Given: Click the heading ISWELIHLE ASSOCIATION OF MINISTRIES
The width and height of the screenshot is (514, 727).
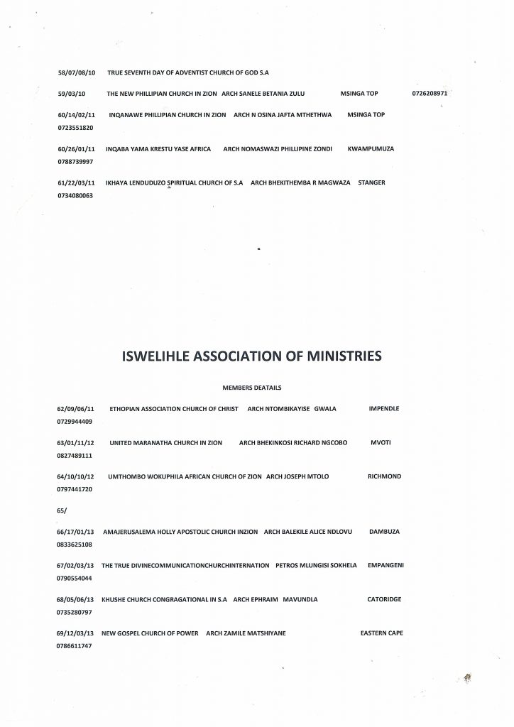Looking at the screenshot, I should [252, 356].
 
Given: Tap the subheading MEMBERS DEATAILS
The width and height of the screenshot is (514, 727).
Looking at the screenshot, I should [252, 388].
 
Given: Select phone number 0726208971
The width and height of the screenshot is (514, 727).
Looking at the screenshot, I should [432, 94].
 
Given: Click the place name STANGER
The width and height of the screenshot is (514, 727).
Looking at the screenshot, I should [372, 182].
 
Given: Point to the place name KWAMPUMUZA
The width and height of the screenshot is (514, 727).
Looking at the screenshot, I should [371, 148].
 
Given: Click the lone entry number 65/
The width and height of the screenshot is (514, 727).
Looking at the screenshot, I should [62, 510].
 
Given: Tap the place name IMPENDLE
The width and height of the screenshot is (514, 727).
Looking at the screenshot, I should [384, 409].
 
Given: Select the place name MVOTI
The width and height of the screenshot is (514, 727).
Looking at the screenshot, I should [381, 443].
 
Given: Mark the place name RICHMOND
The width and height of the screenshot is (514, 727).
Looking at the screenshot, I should [384, 476].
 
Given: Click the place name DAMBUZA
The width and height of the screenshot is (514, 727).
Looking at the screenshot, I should [386, 531].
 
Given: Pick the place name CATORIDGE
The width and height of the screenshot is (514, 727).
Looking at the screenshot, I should [384, 599].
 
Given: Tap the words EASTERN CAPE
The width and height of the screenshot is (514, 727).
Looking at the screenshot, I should [382, 633].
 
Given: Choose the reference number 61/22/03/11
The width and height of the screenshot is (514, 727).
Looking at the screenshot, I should [76, 182].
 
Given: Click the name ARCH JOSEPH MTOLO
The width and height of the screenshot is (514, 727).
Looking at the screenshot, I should [297, 476].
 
